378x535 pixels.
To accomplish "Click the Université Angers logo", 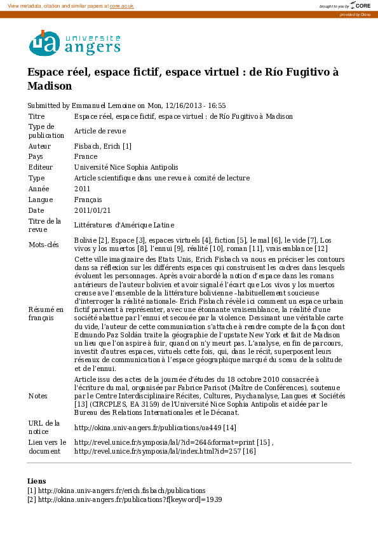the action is [x=74, y=43].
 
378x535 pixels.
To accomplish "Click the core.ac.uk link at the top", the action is [x=121, y=5].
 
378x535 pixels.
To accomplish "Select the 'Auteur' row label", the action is [x=39, y=146].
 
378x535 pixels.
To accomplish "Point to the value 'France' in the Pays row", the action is [x=86, y=156].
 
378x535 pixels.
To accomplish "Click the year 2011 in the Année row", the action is [x=83, y=189].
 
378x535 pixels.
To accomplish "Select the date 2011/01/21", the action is [x=93, y=210].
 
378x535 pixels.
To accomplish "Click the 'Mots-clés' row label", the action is [x=44, y=245].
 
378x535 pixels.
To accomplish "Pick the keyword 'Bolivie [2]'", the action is [x=91, y=240].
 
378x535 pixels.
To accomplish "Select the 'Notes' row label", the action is [x=39, y=396].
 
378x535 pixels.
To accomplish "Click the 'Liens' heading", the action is [x=37, y=481].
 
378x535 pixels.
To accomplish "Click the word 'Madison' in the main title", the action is [x=50, y=86].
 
